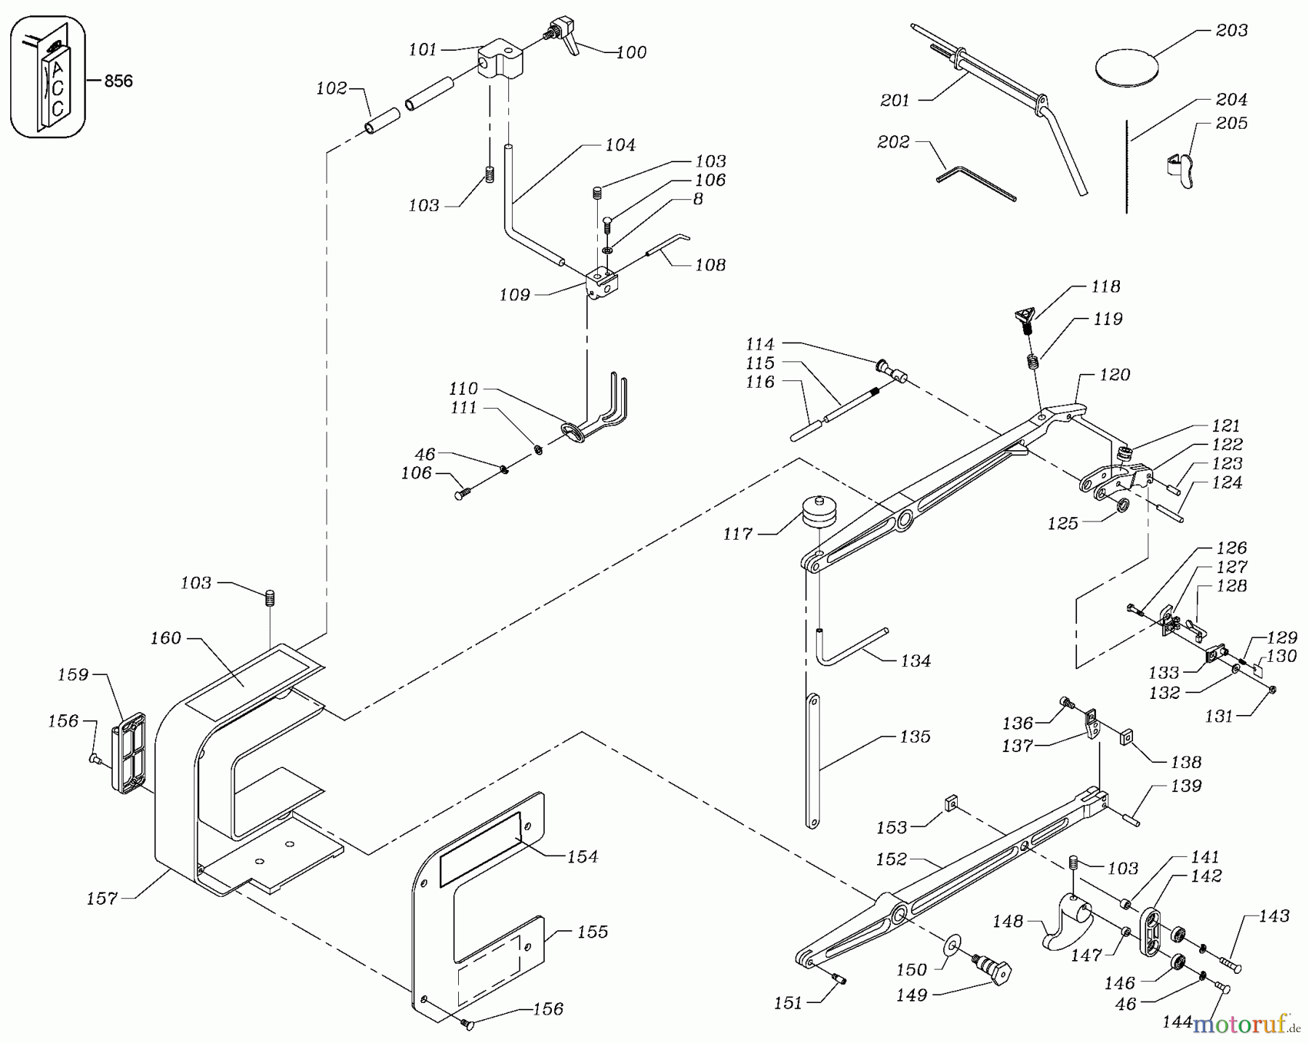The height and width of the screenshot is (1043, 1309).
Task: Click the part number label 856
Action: [118, 81]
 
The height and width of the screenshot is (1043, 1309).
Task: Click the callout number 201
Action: [894, 101]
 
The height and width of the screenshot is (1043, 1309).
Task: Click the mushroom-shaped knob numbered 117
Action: [819, 515]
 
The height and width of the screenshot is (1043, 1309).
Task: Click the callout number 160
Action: [165, 638]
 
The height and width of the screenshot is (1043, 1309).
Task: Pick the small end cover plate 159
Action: [129, 752]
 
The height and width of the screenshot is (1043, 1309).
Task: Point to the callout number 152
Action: [891, 859]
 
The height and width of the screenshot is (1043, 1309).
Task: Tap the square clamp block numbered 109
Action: [601, 283]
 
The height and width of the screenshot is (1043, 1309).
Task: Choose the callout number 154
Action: [583, 857]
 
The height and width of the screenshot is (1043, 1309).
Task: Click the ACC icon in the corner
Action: [48, 78]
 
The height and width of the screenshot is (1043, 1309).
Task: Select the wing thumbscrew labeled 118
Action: [1025, 319]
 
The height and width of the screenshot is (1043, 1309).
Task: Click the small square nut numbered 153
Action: [949, 804]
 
